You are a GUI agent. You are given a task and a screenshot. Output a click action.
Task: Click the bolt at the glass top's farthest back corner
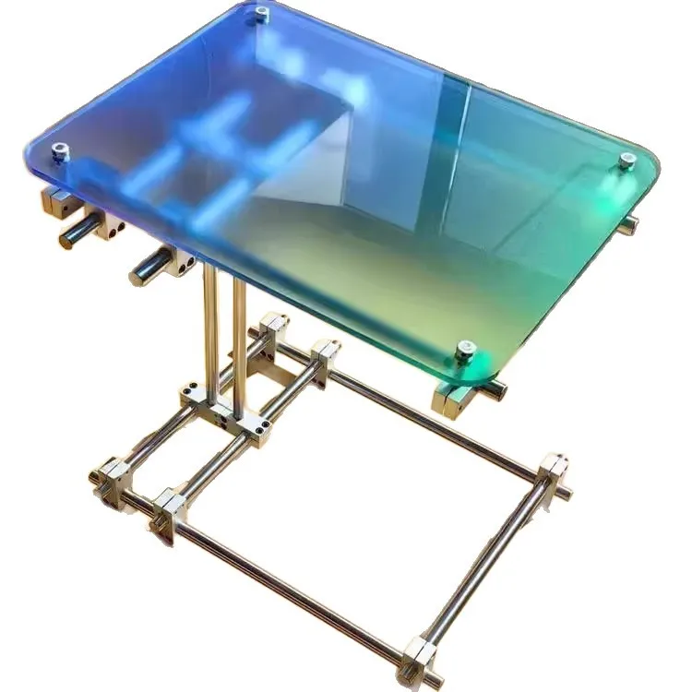click(x=262, y=13)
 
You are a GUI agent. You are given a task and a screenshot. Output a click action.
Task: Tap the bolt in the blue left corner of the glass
click(x=60, y=152)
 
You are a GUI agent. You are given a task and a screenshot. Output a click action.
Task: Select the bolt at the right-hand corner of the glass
click(x=627, y=161)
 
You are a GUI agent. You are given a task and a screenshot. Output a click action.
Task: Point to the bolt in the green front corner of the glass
click(x=465, y=350)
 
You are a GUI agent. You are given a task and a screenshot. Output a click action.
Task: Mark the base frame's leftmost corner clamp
click(x=111, y=480)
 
